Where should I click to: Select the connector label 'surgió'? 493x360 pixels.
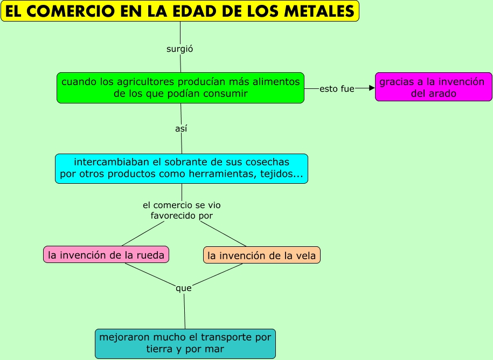point(180,49)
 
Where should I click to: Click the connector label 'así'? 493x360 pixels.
point(181,129)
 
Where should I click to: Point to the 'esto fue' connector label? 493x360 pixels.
point(337,88)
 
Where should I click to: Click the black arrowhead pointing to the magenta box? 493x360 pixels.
point(371,88)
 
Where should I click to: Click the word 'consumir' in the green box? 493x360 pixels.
point(227,94)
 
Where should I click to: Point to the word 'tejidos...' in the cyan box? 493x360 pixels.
point(283,174)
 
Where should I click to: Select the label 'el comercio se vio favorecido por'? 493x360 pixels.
point(182,210)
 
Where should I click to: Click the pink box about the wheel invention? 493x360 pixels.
point(106,255)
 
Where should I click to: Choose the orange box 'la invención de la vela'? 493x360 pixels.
point(262,255)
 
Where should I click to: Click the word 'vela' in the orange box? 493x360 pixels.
point(305,255)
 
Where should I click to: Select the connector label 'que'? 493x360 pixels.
point(184,288)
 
